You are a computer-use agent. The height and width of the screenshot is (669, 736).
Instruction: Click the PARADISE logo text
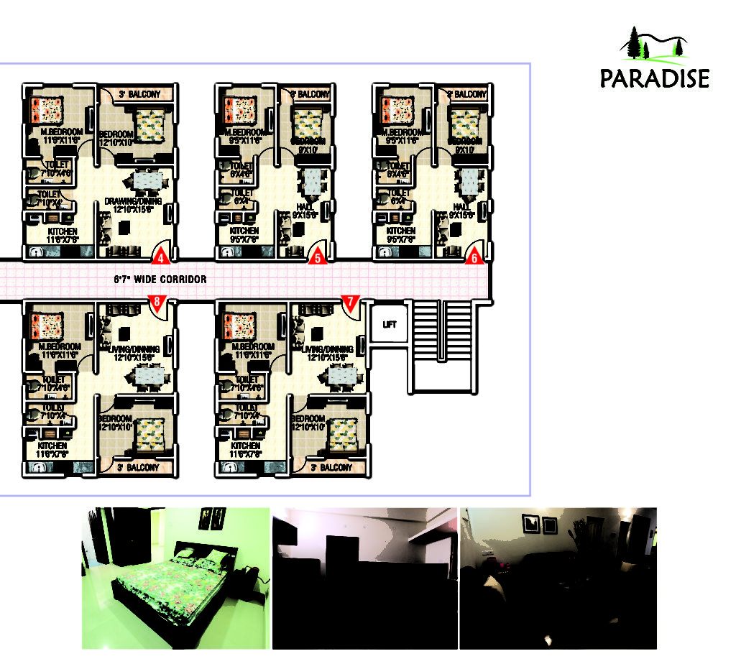pyautogui.click(x=655, y=78)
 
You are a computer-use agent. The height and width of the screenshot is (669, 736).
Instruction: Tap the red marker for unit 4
pyautogui.click(x=161, y=257)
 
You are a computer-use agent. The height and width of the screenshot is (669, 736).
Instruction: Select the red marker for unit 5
pyautogui.click(x=318, y=257)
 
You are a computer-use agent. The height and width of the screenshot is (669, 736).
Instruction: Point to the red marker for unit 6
pyautogui.click(x=473, y=257)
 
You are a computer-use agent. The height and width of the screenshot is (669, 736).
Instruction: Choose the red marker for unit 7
pyautogui.click(x=350, y=303)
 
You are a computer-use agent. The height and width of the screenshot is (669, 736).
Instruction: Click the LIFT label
pyautogui.click(x=390, y=325)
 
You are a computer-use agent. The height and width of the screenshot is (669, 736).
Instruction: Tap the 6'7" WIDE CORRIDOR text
pyautogui.click(x=160, y=279)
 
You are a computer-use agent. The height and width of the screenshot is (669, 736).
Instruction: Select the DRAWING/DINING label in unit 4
pyautogui.click(x=133, y=201)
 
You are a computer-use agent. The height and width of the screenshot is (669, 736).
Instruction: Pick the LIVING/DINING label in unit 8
pyautogui.click(x=132, y=349)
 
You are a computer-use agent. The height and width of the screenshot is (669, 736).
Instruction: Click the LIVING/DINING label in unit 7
pyautogui.click(x=327, y=349)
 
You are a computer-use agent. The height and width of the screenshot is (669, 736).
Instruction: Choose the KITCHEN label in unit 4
pyautogui.click(x=62, y=231)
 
